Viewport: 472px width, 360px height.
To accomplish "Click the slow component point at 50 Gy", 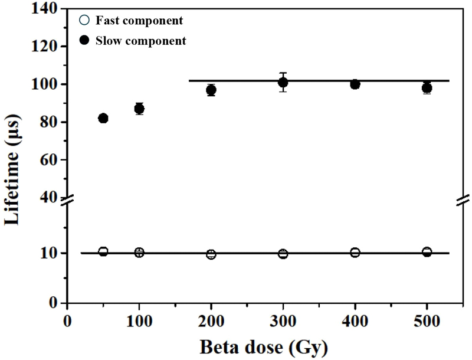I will pos(103,118).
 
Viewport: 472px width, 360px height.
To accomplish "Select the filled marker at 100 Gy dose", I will pos(139,109).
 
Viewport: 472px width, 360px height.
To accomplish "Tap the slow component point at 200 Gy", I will pos(211,90).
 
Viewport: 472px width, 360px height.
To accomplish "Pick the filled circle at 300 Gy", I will pos(283,82).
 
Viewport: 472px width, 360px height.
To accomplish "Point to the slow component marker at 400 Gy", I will pos(355,84).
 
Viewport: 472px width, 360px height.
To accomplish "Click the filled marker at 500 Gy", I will pos(427,88).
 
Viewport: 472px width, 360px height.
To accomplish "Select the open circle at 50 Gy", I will pos(103,251).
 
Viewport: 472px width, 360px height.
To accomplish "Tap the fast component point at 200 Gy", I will pos(211,254).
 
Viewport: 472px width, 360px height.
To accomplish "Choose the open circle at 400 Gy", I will pos(355,253).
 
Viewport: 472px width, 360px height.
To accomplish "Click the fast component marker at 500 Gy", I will pos(427,252).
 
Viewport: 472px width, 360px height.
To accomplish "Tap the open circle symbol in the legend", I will pos(84,21).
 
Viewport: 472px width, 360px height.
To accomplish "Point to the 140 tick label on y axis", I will pos(47,9).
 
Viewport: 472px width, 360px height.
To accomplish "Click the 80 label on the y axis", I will pos(50,122).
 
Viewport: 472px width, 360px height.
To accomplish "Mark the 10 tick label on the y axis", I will pos(50,253).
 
